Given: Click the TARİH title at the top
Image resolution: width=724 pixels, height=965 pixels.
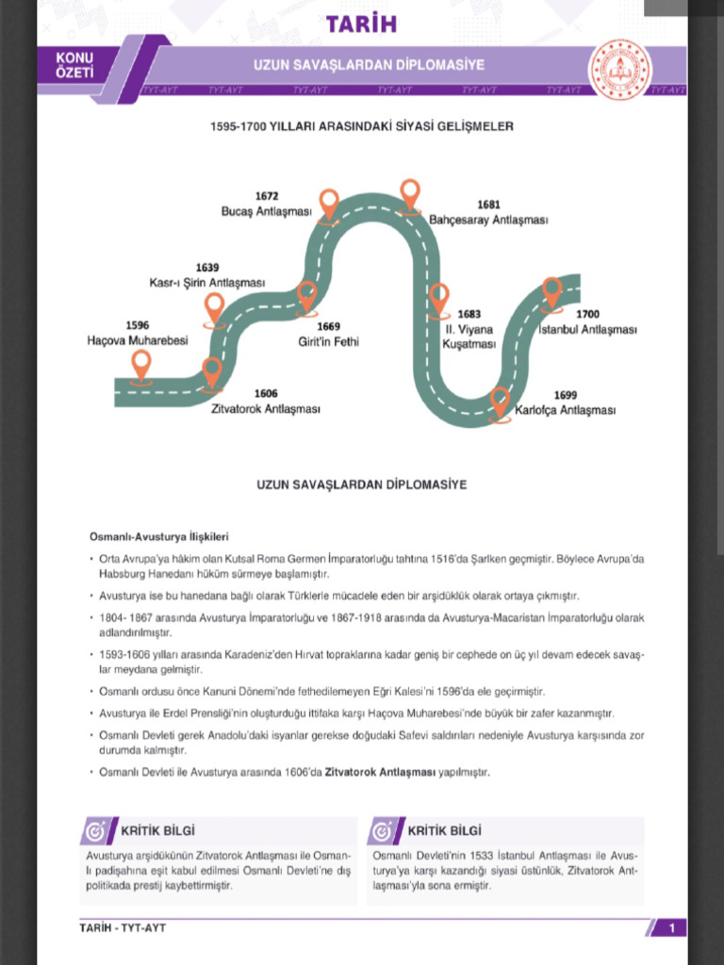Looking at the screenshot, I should coord(361,24).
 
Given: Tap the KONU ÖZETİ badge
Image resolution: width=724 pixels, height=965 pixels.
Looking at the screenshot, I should coord(74,65).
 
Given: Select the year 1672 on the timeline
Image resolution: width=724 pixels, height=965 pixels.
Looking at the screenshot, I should coord(266,196).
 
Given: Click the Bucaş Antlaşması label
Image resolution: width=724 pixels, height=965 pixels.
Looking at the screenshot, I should coord(266,211).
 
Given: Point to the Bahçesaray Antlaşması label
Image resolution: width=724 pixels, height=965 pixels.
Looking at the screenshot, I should coord(488,220).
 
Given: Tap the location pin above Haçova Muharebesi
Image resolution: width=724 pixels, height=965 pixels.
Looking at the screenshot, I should coord(141,365).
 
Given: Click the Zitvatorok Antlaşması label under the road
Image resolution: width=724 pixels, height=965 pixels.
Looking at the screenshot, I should coord(266,409).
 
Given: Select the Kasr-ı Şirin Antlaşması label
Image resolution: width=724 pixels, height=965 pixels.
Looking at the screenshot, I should coord(207,283).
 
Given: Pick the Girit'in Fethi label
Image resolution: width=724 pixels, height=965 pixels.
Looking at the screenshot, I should coord(323,341).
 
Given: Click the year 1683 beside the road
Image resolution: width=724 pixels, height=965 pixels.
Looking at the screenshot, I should coord(469,315).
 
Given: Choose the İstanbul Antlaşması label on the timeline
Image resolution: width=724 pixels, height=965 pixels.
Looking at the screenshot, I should coord(587,330).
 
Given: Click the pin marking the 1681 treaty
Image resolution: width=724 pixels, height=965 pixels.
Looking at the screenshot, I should coord(409,194).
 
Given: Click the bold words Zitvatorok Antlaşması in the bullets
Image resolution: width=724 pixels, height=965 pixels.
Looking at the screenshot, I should coord(380,772).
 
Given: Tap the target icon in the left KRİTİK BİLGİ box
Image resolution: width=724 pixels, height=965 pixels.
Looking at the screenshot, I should coord(95,831).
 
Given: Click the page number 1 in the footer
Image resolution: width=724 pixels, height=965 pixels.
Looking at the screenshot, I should coord(671,928).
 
